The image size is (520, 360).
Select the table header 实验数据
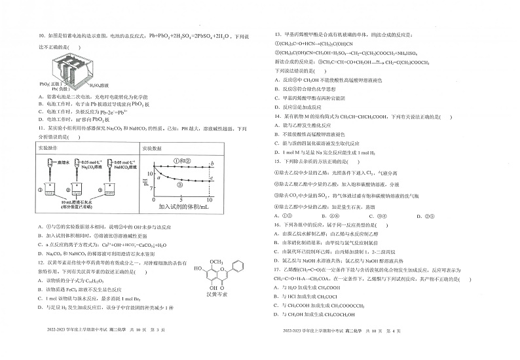tap(153, 149)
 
